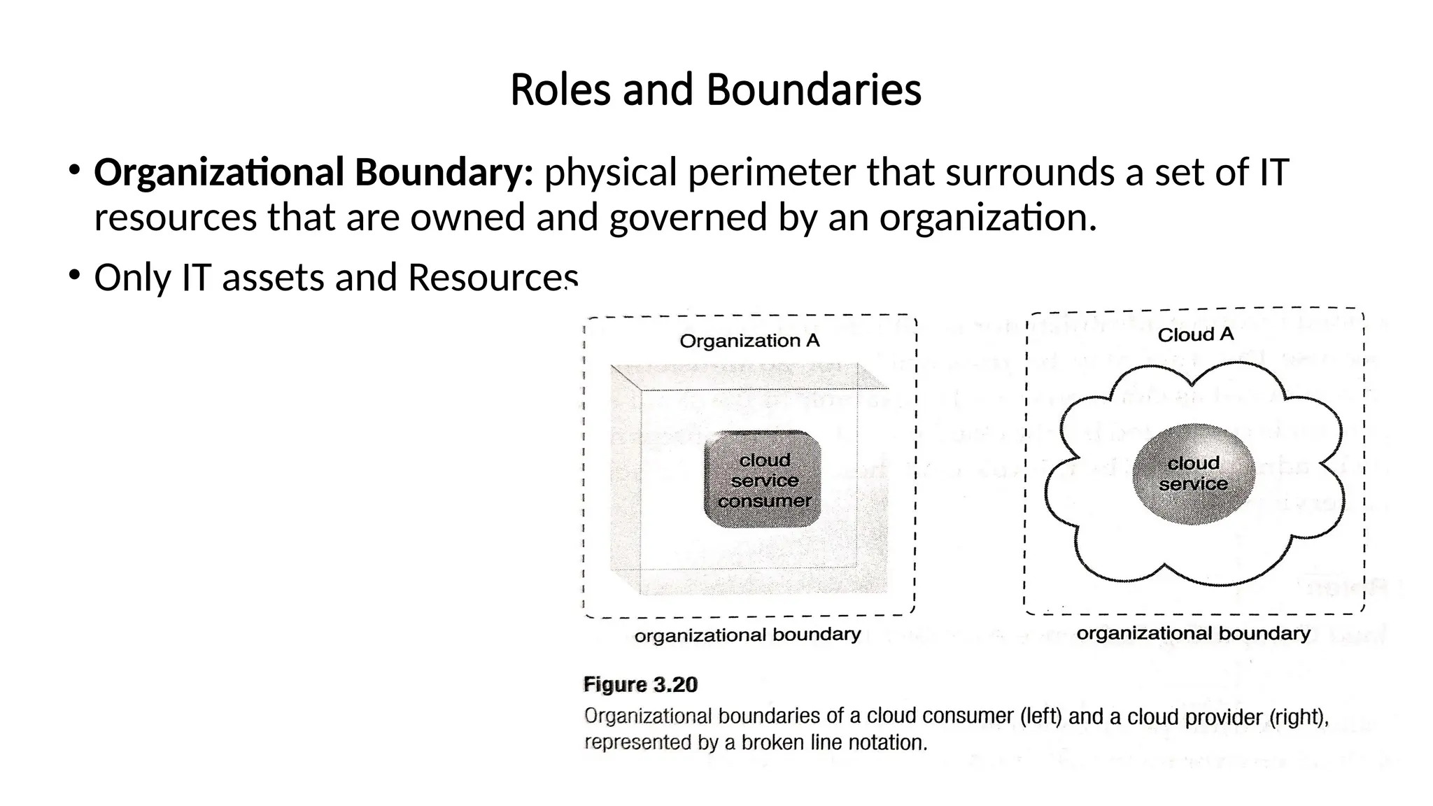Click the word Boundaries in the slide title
pyautogui.click(x=813, y=90)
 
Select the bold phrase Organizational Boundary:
pyautogui.click(x=313, y=173)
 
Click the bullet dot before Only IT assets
pyautogui.click(x=73, y=274)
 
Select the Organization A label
pyautogui.click(x=749, y=341)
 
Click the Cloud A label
pyautogui.click(x=1195, y=335)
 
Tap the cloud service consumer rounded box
pyautogui.click(x=763, y=480)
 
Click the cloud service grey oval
pyautogui.click(x=1193, y=474)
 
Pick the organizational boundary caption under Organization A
pyautogui.click(x=747, y=635)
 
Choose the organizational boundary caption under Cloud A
pyautogui.click(x=1193, y=633)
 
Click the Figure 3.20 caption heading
pyautogui.click(x=640, y=684)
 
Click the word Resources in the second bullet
pyautogui.click(x=493, y=278)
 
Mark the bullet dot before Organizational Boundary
pyautogui.click(x=73, y=169)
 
